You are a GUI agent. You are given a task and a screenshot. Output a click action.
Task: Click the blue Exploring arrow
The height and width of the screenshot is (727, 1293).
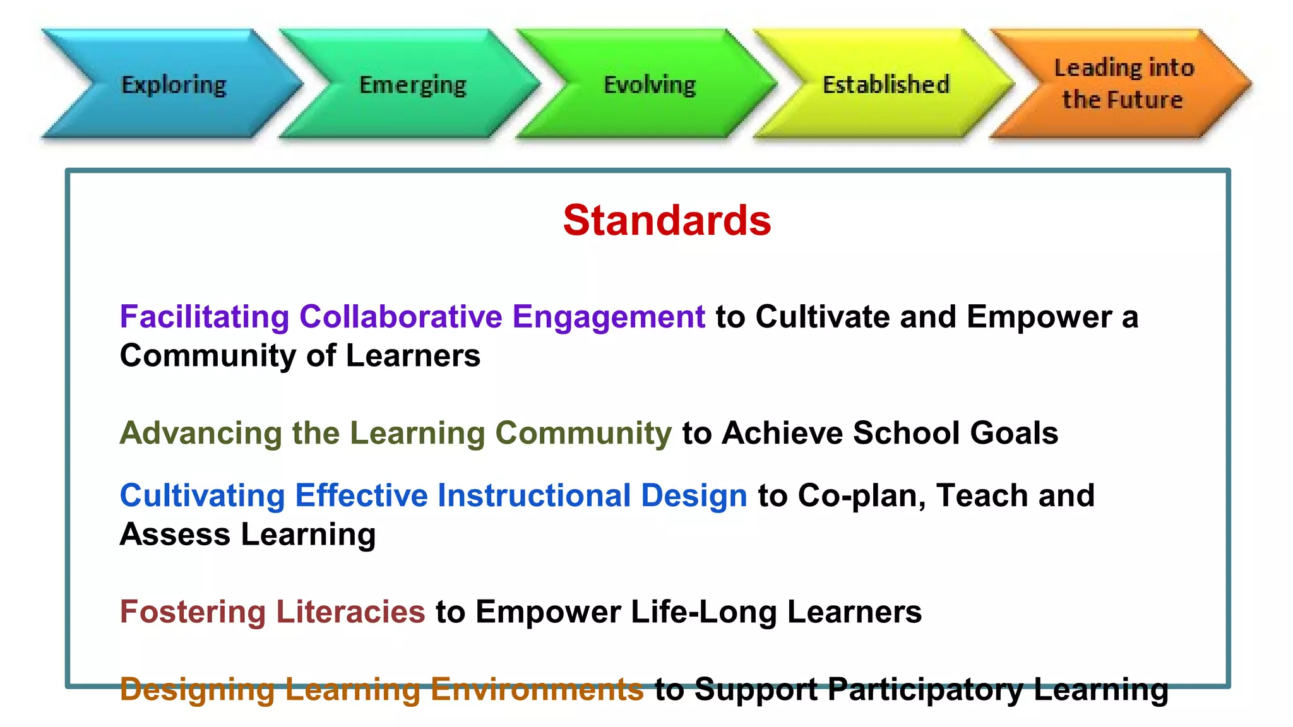tap(174, 84)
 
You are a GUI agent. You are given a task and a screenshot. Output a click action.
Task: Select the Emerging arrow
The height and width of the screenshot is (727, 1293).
tap(412, 84)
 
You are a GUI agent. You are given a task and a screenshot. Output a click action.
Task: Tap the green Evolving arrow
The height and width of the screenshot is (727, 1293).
tap(650, 84)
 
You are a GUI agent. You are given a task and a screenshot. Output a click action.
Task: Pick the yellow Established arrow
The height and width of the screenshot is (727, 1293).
tap(886, 84)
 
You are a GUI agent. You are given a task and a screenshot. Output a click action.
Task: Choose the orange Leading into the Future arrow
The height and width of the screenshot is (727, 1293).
tap(1123, 84)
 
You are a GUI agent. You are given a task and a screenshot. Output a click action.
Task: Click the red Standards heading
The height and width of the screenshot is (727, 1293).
tap(667, 220)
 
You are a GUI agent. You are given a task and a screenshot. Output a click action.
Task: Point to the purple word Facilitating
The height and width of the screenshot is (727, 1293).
tap(205, 317)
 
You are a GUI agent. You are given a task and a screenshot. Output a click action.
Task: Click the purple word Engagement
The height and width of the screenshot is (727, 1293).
tap(608, 317)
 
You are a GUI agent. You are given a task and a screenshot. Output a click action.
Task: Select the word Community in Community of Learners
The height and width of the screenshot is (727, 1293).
tap(208, 356)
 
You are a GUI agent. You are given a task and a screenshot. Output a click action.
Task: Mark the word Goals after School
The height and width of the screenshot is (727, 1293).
tap(1014, 433)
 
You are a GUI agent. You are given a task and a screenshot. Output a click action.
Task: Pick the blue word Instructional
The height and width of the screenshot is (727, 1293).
tap(534, 495)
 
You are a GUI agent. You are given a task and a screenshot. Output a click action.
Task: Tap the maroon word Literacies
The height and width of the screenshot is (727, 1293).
tap(350, 612)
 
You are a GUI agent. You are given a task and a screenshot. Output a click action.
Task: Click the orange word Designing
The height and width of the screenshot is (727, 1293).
tap(197, 690)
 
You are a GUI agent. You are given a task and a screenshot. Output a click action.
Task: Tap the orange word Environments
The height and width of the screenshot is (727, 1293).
tap(537, 689)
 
